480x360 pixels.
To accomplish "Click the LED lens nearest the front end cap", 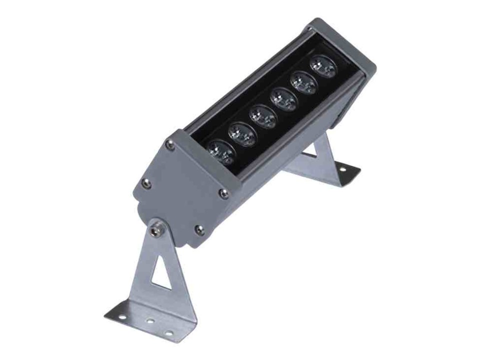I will coord(221,150).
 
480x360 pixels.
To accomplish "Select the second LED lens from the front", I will coord(241,133).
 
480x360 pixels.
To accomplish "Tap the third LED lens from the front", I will coord(263,116).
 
